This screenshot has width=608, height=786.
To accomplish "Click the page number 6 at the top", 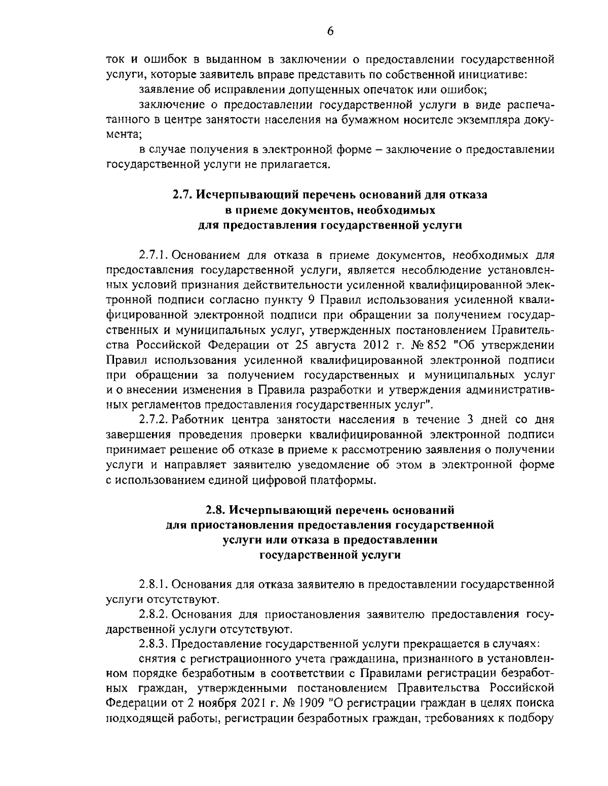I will (330, 31).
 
